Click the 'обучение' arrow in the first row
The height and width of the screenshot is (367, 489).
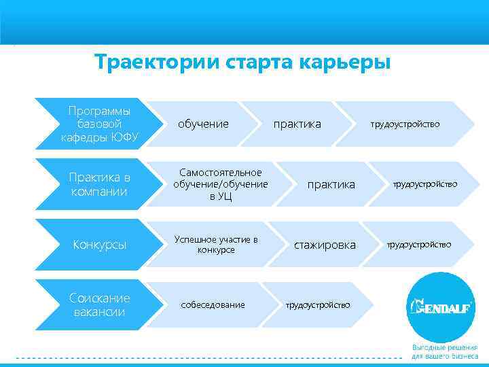point(203,124)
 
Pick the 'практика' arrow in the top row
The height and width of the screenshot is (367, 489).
point(297,124)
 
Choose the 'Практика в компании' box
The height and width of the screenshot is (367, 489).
point(99,184)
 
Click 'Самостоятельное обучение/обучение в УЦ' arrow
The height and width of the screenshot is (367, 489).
point(220,184)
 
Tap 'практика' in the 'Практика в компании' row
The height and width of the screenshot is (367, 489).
point(331,184)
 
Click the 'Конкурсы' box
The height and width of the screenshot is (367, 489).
point(99,245)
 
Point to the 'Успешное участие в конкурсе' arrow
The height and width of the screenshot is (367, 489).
point(216,245)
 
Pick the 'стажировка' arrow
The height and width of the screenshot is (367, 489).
point(324,245)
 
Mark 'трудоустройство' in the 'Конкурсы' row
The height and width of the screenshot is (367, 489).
point(419,245)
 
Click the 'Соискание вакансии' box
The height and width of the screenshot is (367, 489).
point(99,304)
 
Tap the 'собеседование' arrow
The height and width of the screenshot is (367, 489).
point(213,305)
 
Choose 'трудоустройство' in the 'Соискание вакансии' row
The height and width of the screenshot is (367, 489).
point(318,305)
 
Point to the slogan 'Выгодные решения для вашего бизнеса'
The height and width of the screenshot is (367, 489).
point(444,351)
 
